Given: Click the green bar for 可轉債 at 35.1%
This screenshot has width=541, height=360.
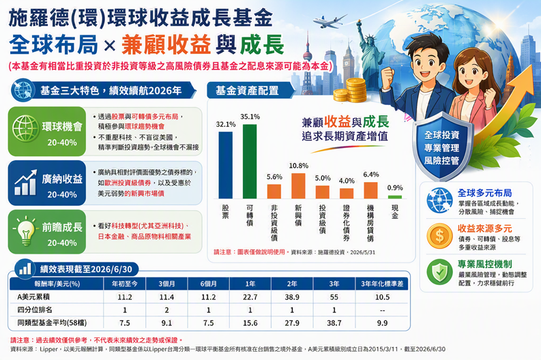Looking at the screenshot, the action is click(250, 162).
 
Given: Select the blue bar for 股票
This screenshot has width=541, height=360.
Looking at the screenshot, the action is click(226, 165).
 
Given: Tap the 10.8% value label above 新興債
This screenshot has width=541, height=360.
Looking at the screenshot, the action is click(298, 166).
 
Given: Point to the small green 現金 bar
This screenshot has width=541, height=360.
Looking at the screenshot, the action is click(395, 197).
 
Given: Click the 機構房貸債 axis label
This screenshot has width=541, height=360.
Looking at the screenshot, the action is click(370, 222).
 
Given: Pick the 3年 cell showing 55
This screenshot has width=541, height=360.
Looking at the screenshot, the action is click(334, 297).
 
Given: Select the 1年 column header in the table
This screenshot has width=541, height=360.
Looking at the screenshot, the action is click(250, 284).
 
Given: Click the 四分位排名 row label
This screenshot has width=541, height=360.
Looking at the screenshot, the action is click(35, 310).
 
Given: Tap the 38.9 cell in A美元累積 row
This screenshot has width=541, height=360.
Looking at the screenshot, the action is click(292, 297).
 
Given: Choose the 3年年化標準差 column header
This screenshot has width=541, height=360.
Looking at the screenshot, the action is click(382, 284).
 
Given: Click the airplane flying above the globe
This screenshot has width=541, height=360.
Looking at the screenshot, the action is click(329, 22).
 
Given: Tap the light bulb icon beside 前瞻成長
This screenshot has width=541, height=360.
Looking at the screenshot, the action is click(25, 231).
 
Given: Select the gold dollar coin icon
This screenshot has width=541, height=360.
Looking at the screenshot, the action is click(439, 236).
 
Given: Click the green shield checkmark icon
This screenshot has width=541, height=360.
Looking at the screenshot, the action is click(439, 272).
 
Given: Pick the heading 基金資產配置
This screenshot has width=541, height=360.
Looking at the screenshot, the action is click(247, 91).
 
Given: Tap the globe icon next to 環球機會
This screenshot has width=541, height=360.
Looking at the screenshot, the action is click(25, 128).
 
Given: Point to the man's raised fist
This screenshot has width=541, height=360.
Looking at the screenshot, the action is click(388, 77).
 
